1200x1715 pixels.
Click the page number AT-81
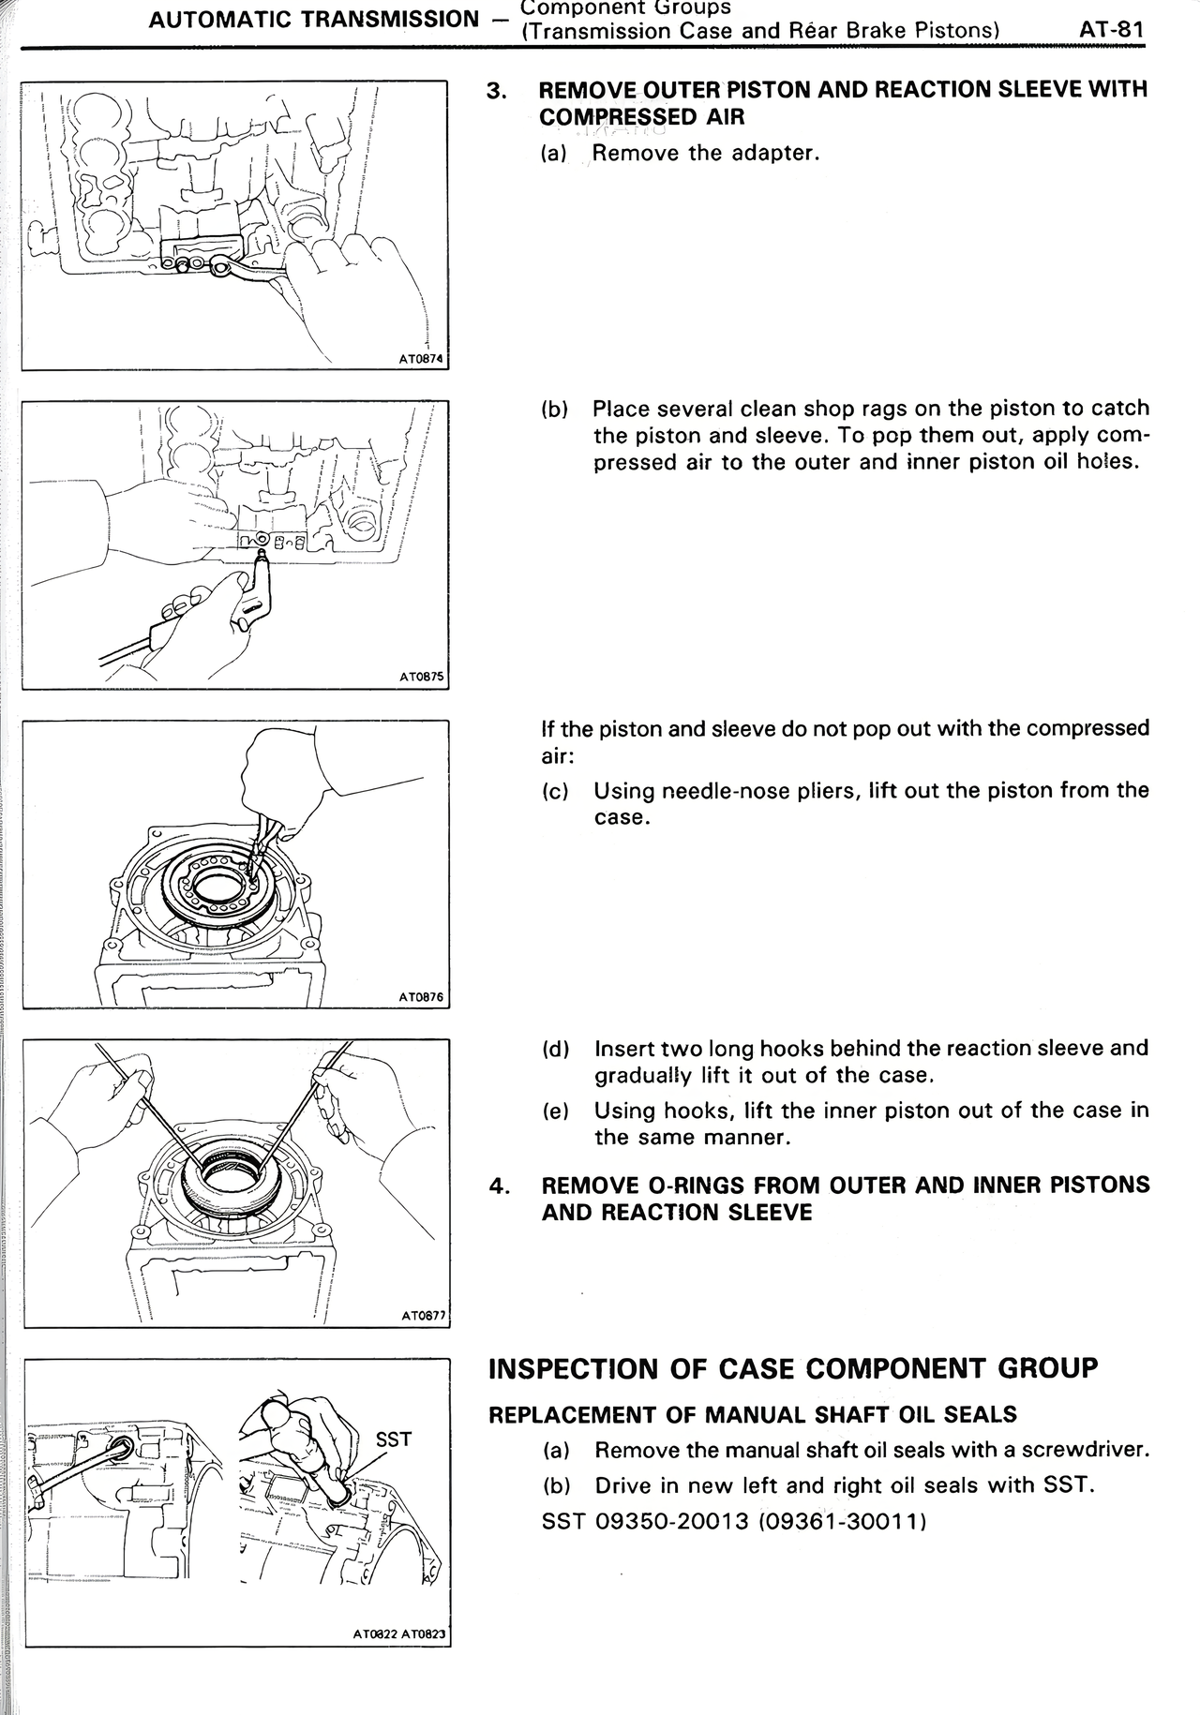(x=1112, y=29)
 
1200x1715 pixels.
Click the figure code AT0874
(x=421, y=358)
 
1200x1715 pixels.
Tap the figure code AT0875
(x=421, y=677)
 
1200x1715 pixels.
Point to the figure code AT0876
(x=421, y=997)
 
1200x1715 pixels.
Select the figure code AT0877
(x=423, y=1316)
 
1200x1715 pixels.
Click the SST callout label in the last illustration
(x=393, y=1439)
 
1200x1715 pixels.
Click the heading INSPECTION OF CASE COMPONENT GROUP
(x=792, y=1368)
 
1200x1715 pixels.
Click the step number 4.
(x=499, y=1186)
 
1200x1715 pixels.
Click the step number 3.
(x=498, y=91)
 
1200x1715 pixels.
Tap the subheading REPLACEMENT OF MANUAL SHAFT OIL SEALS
(x=752, y=1414)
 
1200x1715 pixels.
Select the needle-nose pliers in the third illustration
(x=265, y=822)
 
